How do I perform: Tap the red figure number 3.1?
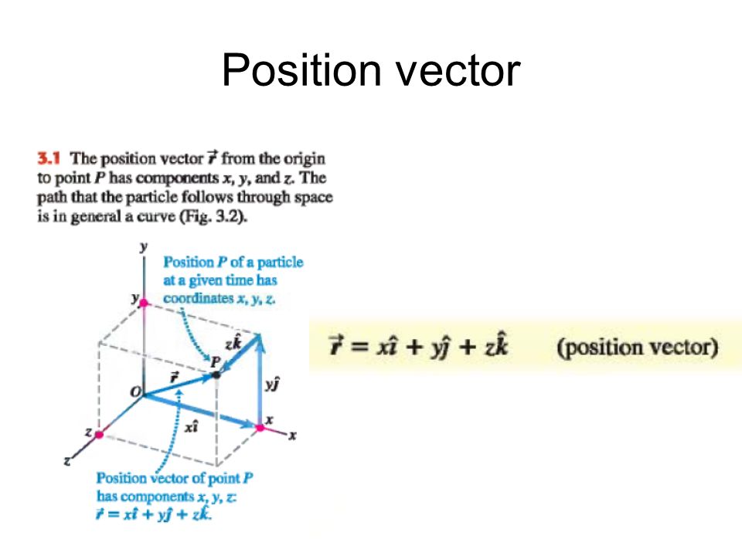click(50, 158)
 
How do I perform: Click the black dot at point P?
click(216, 375)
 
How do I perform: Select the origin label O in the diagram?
click(136, 394)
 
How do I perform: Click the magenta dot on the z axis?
click(99, 435)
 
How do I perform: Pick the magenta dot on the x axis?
click(260, 426)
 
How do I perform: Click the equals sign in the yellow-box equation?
click(356, 347)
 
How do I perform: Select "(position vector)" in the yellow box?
click(638, 347)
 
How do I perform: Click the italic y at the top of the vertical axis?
click(143, 246)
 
